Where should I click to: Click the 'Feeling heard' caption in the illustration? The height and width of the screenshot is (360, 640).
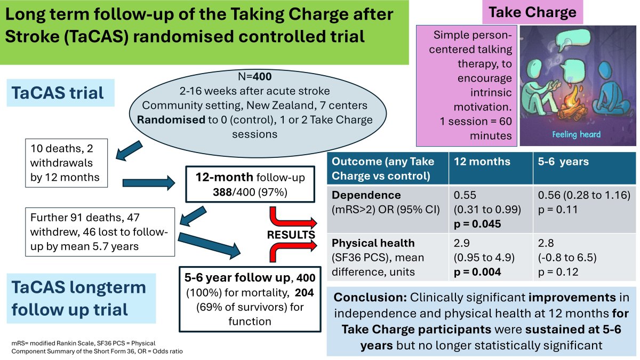[x=576, y=134]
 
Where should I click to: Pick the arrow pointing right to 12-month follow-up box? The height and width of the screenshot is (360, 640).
[x=151, y=184]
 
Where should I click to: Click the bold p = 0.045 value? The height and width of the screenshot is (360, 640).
[x=478, y=223]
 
